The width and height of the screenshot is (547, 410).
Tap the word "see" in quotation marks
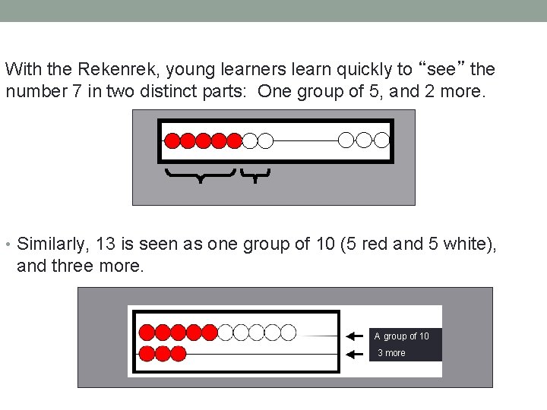tap(444, 70)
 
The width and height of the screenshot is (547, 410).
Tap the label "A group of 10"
tap(401, 336)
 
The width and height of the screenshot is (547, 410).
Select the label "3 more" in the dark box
tap(392, 353)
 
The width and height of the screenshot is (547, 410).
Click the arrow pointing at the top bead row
tap(353, 336)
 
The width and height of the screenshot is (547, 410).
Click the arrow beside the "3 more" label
tap(353, 354)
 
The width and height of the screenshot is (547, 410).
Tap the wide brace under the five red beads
tap(200, 175)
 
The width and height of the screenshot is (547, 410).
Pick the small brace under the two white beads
tap(255, 175)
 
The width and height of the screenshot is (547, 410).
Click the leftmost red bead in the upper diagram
tap(172, 140)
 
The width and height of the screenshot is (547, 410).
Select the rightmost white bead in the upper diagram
tap(381, 140)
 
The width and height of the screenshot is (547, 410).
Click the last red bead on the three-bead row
tap(179, 353)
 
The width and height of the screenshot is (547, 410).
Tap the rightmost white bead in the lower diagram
tap(288, 332)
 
